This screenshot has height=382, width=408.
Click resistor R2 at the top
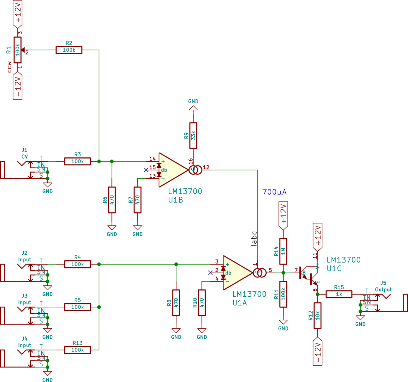point(69,50)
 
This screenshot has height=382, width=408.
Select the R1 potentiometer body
point(17,50)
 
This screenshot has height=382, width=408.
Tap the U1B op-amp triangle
point(171,170)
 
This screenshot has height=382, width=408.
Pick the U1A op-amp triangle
point(235,273)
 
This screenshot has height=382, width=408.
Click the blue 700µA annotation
point(274,192)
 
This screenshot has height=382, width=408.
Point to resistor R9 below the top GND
point(193,136)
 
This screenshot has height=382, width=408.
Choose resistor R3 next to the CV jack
point(77,161)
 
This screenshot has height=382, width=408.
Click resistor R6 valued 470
point(112,200)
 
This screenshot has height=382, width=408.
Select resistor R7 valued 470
point(138,200)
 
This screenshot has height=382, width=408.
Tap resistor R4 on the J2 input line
point(77,264)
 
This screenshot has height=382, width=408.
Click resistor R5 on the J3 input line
point(77,307)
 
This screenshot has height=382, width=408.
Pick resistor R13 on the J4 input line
point(77,350)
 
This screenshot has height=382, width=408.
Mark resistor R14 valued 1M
point(283,251)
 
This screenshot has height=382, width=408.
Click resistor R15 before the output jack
point(339,294)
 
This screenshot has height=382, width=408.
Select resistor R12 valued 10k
point(317,316)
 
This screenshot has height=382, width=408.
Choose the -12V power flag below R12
point(317,352)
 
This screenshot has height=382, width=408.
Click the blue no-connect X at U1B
point(146,170)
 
